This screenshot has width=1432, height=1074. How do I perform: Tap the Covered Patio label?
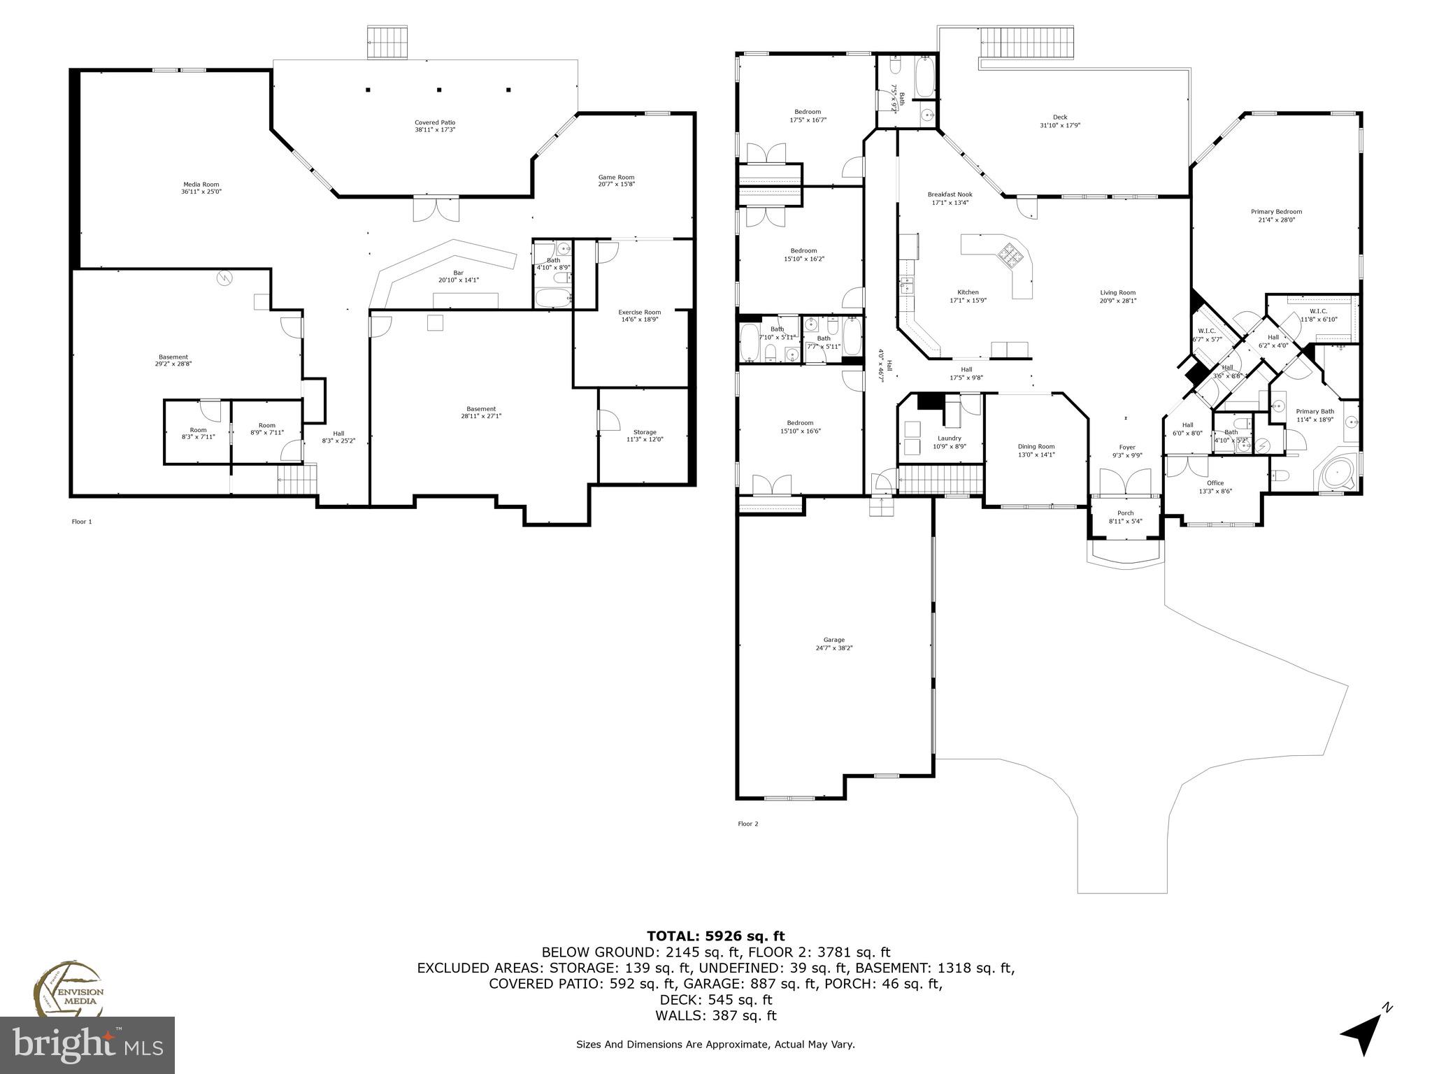435,122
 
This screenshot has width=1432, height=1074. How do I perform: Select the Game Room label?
616,177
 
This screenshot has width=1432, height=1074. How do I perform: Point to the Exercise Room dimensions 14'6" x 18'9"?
640,320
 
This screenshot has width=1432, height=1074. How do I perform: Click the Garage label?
833,640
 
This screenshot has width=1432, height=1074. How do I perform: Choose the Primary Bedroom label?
1276,212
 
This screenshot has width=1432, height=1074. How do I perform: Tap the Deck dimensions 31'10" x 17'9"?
1060,126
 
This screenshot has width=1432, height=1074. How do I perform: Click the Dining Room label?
1036,447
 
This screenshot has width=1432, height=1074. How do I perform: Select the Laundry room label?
950,438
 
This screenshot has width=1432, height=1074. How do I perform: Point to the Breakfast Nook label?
950,194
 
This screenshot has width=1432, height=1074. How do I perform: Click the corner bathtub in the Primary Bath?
1338,475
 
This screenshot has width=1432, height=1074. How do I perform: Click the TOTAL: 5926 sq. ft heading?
715,936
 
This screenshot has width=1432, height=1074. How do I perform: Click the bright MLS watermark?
87,1045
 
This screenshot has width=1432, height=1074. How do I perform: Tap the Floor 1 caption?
82,522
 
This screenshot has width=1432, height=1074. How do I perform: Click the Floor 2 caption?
747,824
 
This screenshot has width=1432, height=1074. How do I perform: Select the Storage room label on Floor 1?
645,432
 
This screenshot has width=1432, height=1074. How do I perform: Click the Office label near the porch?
1215,483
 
